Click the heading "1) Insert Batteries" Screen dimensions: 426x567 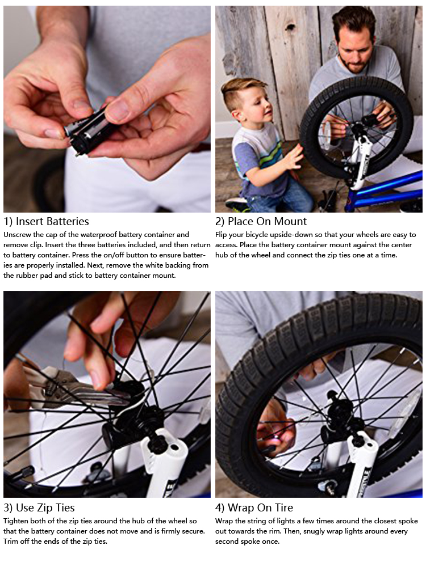[x=47, y=221]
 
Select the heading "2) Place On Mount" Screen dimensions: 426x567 [x=261, y=221]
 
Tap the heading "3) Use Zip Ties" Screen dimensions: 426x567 [x=39, y=507]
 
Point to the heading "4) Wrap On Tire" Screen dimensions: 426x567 [x=254, y=507]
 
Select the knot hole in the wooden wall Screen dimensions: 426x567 [x=290, y=27]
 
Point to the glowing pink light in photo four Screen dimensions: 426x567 [x=277, y=438]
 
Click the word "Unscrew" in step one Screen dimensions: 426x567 [x=18, y=235]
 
